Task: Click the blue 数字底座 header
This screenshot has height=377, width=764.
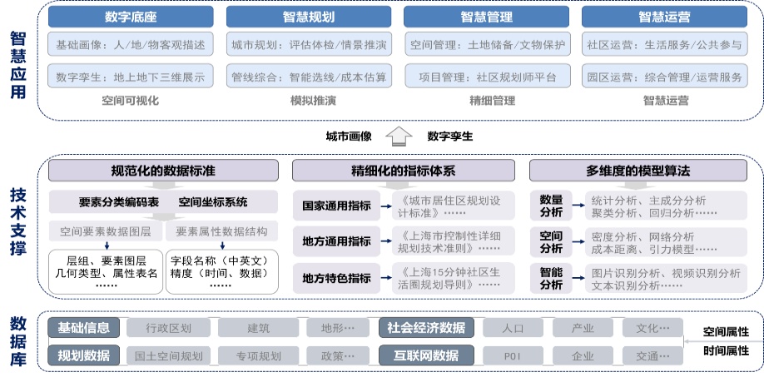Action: (x=131, y=17)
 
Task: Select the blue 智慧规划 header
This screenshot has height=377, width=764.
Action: (x=309, y=17)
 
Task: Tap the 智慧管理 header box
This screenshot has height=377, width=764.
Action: (x=486, y=17)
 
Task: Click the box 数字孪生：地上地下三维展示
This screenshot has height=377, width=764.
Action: (x=131, y=76)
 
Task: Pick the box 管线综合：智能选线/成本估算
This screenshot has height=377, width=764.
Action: (x=309, y=76)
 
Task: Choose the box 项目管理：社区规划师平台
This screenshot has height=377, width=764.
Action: (x=486, y=76)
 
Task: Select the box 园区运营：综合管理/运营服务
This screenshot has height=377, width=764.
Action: (x=665, y=76)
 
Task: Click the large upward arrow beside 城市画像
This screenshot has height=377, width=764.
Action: (x=399, y=136)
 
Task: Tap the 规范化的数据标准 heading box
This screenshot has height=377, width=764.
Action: (x=163, y=171)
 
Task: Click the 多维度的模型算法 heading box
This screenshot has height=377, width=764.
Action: (x=638, y=171)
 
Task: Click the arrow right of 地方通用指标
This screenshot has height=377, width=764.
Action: (x=386, y=241)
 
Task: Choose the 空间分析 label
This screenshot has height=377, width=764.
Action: (x=551, y=242)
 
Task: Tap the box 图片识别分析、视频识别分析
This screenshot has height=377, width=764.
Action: (x=666, y=279)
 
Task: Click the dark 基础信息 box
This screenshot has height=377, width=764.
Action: (x=84, y=327)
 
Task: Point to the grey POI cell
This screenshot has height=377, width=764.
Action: (x=513, y=355)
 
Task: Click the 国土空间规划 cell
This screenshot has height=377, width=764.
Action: (x=169, y=355)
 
